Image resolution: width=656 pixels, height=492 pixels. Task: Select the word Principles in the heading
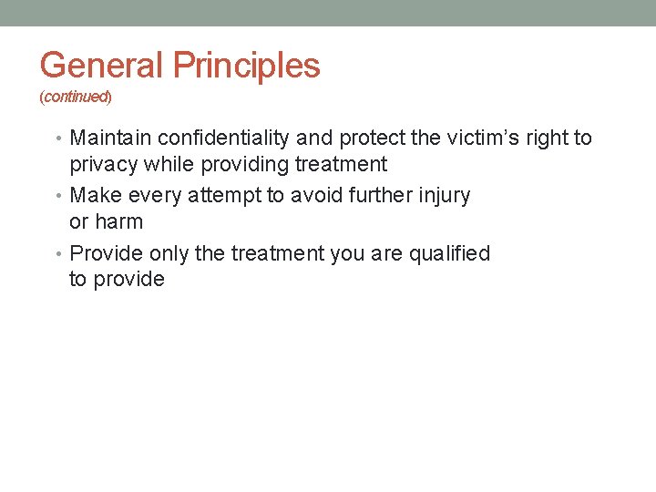[246, 66]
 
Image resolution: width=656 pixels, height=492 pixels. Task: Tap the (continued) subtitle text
[76, 96]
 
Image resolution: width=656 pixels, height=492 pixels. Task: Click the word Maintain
[110, 138]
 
